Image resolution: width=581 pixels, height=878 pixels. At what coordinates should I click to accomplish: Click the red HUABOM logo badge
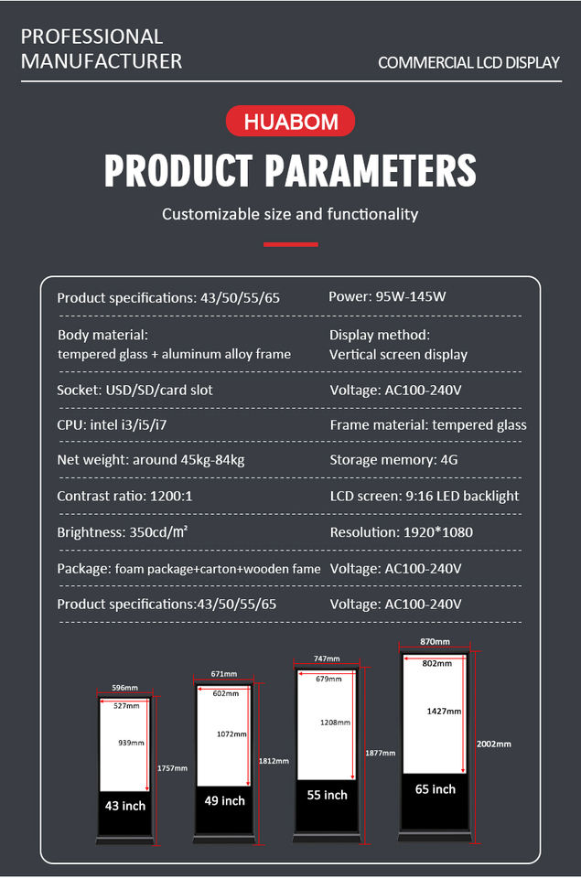(x=290, y=121)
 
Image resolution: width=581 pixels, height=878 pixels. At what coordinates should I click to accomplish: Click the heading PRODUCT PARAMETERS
(x=290, y=170)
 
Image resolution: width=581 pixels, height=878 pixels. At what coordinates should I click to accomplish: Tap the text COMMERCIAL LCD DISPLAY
(x=469, y=62)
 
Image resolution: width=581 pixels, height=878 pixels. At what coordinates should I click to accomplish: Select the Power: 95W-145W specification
(x=387, y=296)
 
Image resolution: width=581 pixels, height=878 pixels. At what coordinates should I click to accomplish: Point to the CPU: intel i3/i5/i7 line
(x=112, y=425)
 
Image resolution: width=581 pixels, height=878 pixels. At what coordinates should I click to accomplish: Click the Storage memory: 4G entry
(x=393, y=460)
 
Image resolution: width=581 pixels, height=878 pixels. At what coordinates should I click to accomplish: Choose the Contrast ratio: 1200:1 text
(x=124, y=496)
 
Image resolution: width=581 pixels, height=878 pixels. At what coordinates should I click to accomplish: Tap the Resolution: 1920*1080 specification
(x=401, y=532)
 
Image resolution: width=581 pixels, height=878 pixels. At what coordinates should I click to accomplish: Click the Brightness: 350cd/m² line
(x=122, y=531)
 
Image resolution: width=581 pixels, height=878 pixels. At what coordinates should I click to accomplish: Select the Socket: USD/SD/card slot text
(x=135, y=390)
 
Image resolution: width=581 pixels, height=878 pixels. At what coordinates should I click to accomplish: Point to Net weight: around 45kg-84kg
(x=151, y=460)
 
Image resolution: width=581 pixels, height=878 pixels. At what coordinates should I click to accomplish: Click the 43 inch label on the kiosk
(x=125, y=806)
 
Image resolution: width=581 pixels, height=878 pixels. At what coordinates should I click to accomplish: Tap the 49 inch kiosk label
(x=225, y=801)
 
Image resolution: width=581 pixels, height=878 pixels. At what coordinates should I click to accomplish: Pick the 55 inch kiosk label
(x=328, y=795)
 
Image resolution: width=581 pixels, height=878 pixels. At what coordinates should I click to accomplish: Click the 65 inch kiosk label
(x=436, y=789)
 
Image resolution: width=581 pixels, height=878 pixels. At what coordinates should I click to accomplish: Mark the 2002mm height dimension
(x=493, y=744)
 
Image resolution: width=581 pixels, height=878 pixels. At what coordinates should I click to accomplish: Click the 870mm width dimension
(x=435, y=642)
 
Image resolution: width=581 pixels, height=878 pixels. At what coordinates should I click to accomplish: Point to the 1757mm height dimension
(x=172, y=768)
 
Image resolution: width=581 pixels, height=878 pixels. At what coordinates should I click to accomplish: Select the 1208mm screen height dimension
(x=335, y=723)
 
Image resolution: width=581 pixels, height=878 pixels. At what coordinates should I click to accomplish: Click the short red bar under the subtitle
(x=291, y=244)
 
